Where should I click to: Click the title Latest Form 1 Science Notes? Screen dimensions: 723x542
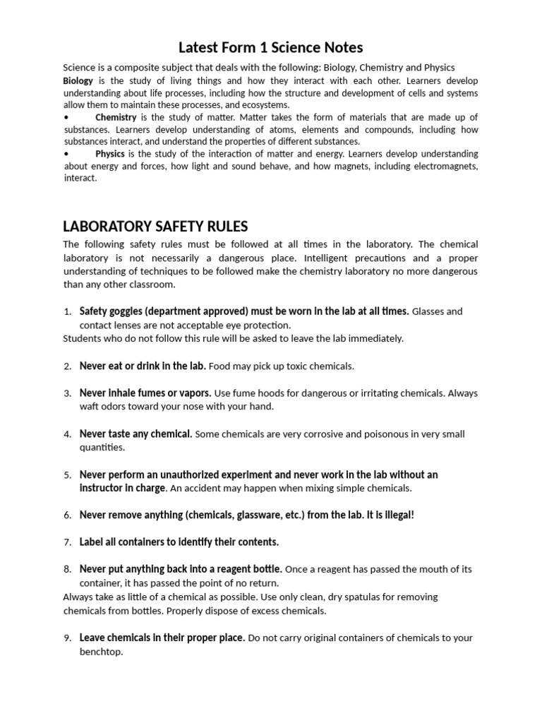[270, 48]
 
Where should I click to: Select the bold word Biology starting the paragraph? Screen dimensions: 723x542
[78, 81]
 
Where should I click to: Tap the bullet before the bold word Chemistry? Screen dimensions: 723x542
[66, 117]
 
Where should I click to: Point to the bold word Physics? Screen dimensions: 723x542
[110, 153]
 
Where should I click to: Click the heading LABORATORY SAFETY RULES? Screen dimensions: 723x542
[155, 226]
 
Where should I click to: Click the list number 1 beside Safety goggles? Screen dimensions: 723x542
[67, 312]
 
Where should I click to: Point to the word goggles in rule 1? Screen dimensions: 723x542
[128, 311]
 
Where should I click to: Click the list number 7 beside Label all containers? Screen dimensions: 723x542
[67, 542]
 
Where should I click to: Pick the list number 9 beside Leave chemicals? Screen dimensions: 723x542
[67, 638]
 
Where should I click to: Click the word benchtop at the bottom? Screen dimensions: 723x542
[101, 652]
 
